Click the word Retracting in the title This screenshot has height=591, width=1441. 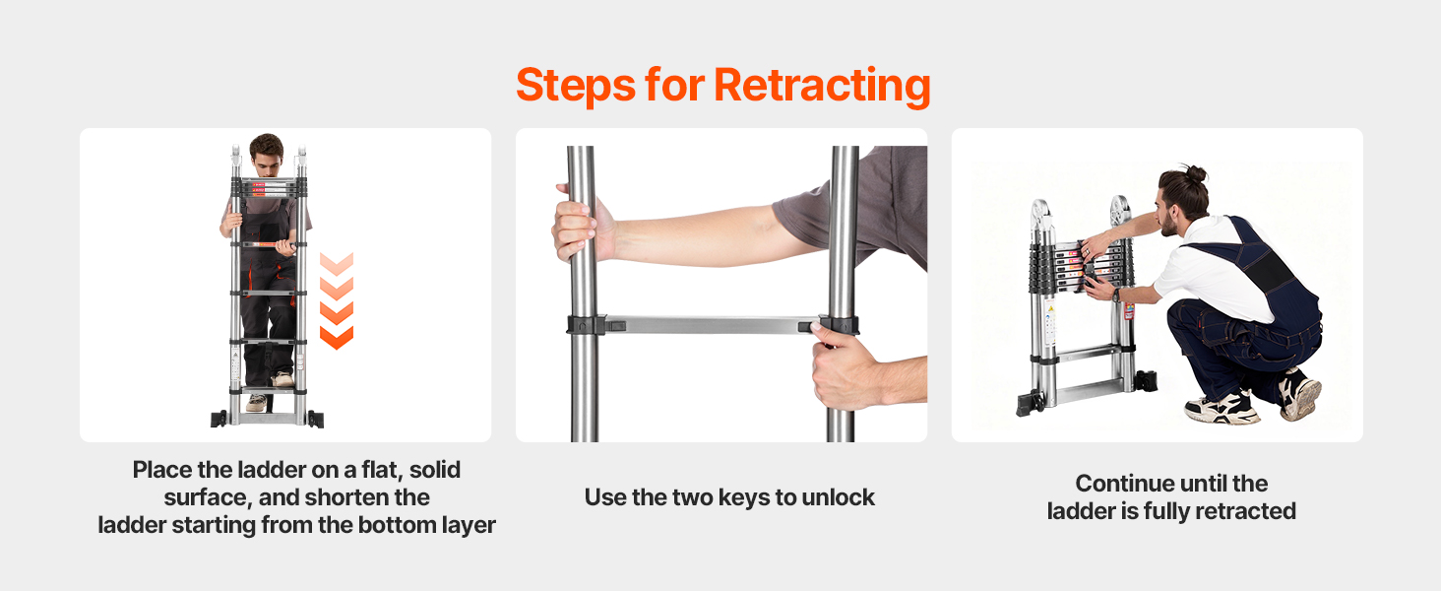(x=822, y=87)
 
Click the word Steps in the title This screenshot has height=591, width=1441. (x=576, y=87)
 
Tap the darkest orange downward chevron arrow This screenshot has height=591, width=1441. (x=337, y=337)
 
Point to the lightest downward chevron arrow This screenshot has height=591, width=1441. (x=337, y=264)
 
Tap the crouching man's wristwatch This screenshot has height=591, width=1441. (x=1117, y=295)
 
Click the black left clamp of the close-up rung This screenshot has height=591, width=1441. (x=586, y=324)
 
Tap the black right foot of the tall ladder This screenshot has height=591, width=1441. (x=315, y=419)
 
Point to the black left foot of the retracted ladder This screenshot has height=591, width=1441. (x=1031, y=402)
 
